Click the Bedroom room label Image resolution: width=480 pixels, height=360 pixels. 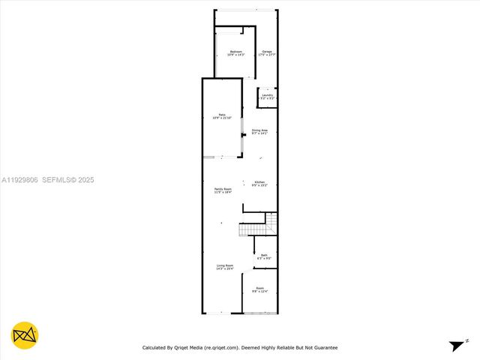click(x=235, y=51)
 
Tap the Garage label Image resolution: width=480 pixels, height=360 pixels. click(x=266, y=51)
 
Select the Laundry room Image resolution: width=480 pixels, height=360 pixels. click(x=267, y=95)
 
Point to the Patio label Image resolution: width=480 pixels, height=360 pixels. click(x=222, y=115)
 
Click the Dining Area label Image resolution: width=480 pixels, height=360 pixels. click(x=259, y=130)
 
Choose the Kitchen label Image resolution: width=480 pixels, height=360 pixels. click(x=259, y=182)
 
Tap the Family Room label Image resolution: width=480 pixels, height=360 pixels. click(x=223, y=188)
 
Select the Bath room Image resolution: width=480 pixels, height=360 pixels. click(x=264, y=256)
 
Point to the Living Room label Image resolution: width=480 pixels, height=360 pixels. click(x=225, y=265)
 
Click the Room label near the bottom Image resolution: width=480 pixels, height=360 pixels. click(x=259, y=288)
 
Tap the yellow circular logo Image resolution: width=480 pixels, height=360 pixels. click(x=25, y=335)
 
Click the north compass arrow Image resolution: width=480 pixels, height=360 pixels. click(x=457, y=346)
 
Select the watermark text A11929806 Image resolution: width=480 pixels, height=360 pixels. click(x=19, y=180)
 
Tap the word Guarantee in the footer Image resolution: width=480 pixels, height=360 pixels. click(x=323, y=348)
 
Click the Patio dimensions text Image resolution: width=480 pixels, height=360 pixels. click(x=222, y=118)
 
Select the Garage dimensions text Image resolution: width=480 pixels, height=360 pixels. click(x=266, y=55)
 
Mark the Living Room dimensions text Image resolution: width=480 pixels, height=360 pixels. click(x=225, y=268)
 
